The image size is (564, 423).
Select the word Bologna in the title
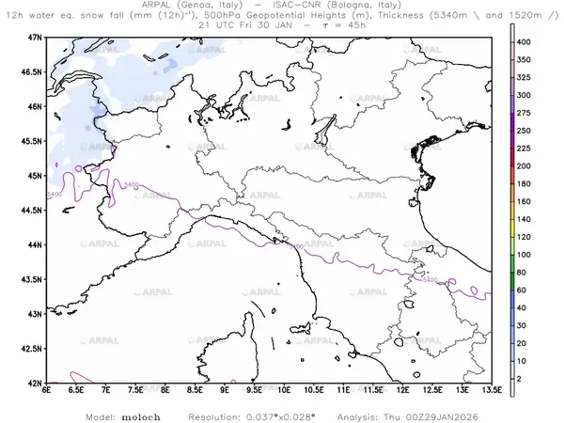coord(362,6)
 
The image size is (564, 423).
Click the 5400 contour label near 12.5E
coord(431,279)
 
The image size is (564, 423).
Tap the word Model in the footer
coord(102,415)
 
